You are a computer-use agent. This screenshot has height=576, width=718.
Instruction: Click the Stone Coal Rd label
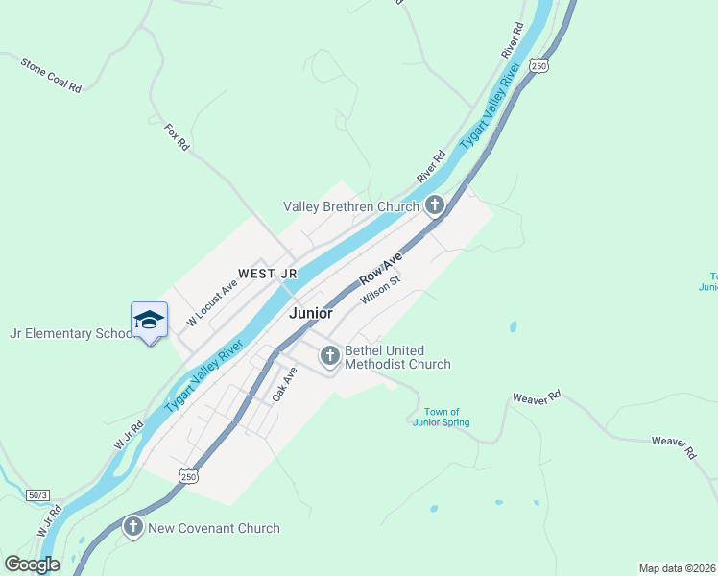51,74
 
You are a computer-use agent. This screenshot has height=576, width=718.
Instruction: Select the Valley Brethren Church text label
350,206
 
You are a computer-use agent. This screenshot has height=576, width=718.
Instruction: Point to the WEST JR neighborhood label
268,274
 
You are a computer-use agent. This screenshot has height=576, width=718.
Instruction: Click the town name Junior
311,313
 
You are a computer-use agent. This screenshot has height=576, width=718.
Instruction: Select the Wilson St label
380,292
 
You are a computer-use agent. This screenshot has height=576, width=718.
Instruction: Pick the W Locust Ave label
212,303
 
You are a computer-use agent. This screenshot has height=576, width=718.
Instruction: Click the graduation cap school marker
149,319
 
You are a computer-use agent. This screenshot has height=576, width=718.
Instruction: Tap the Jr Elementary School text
70,334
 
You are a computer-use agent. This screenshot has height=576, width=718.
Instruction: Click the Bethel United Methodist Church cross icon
330,357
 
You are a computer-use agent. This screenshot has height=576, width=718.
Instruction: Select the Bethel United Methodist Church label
396,357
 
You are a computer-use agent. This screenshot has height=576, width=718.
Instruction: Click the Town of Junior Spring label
442,417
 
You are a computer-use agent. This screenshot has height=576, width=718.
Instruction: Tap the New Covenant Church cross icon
132,527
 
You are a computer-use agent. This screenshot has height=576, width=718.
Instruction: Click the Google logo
32,564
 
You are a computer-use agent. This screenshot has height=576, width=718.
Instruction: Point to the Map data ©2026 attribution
677,568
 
